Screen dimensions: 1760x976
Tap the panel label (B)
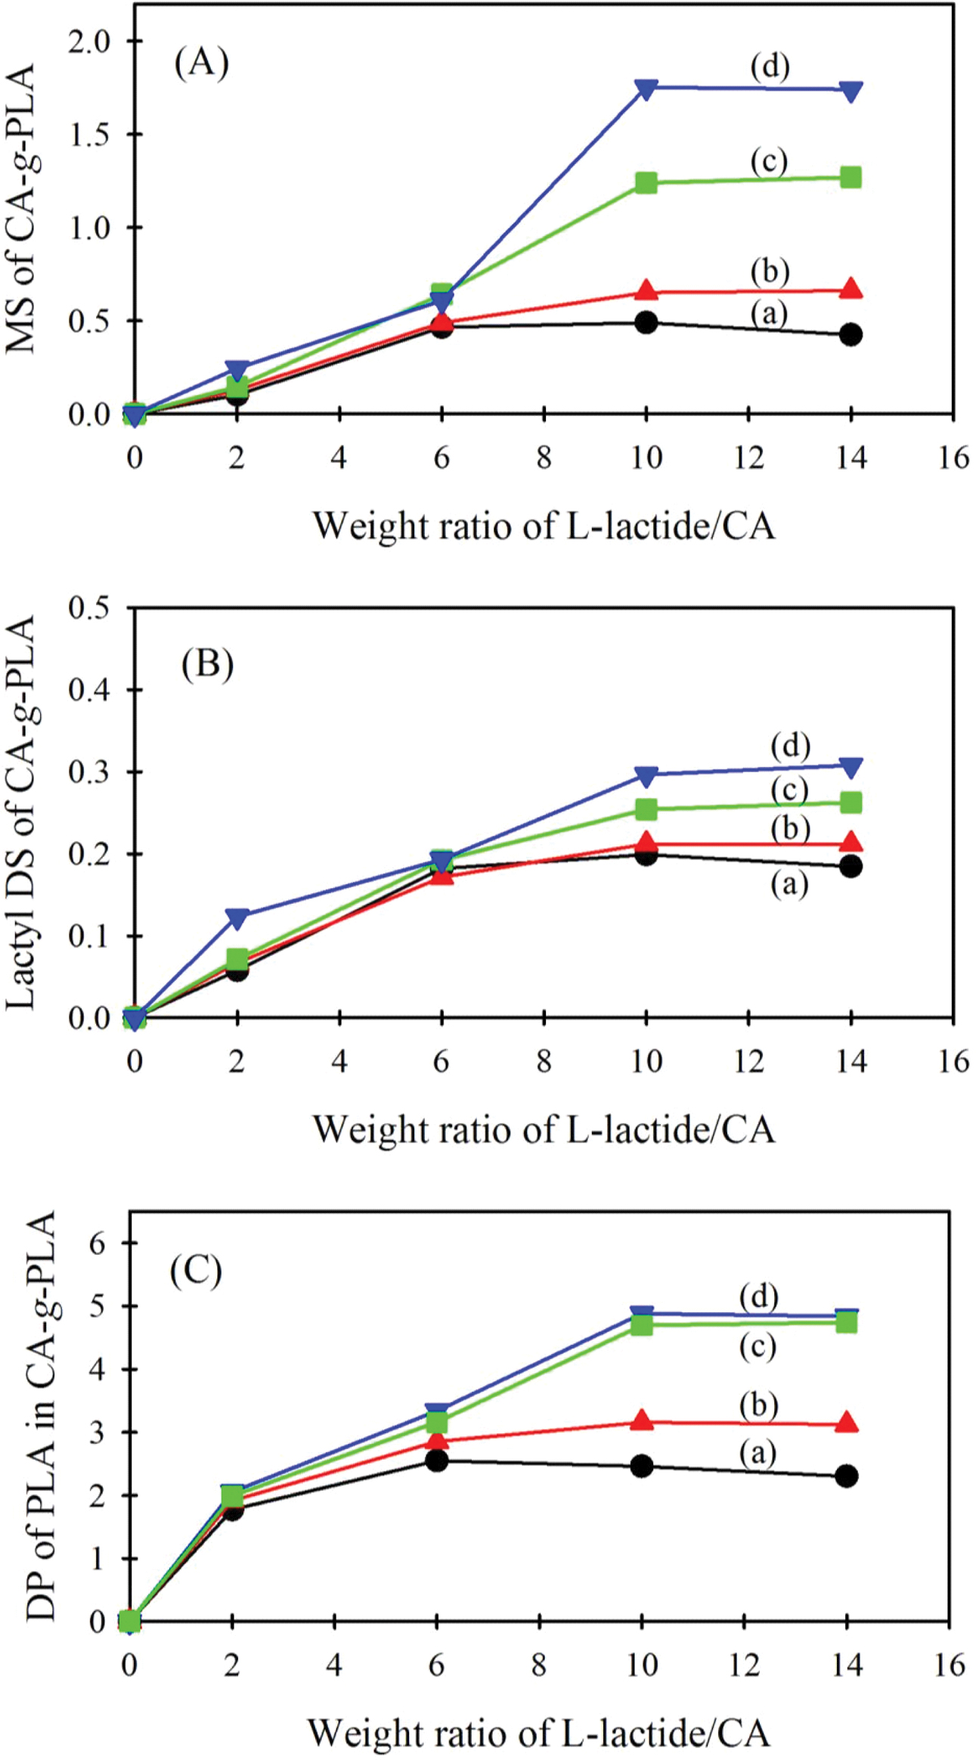click(x=207, y=665)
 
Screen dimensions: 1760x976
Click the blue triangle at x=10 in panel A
click(x=646, y=88)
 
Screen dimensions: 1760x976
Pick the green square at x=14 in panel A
click(x=851, y=178)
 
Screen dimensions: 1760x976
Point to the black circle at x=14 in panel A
click(x=851, y=334)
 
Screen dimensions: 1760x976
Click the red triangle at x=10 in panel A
click(x=646, y=290)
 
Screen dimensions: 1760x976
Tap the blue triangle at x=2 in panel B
click(x=237, y=917)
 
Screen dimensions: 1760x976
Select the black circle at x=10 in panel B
click(x=646, y=855)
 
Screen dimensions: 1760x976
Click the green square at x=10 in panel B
click(x=646, y=809)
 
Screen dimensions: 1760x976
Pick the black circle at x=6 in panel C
click(x=436, y=1460)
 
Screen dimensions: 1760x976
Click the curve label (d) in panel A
click(x=770, y=67)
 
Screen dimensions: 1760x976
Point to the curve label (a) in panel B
click(x=789, y=884)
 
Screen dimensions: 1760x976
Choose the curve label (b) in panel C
click(x=758, y=1405)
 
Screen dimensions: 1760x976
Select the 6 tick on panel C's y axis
click(x=99, y=1243)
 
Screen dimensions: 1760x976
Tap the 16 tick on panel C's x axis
click(x=949, y=1665)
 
